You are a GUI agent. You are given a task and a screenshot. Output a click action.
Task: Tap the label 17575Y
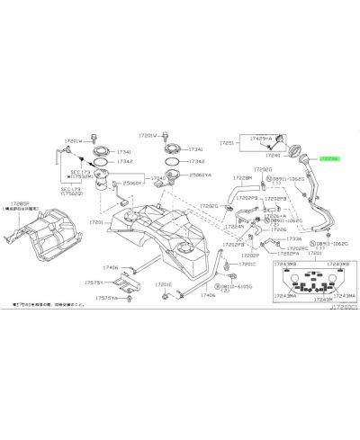(x=111, y=283)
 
